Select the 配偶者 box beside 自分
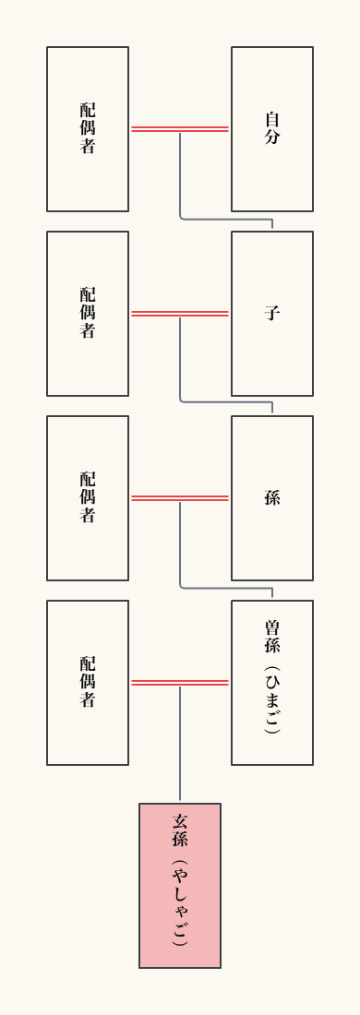pos(88,129)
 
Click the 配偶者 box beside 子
pos(88,314)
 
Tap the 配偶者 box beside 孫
pos(88,498)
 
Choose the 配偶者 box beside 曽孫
pos(88,683)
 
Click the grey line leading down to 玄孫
pos(180,747)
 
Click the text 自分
pos(272,129)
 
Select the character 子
pos(272,314)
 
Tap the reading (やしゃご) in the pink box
pos(180,904)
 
